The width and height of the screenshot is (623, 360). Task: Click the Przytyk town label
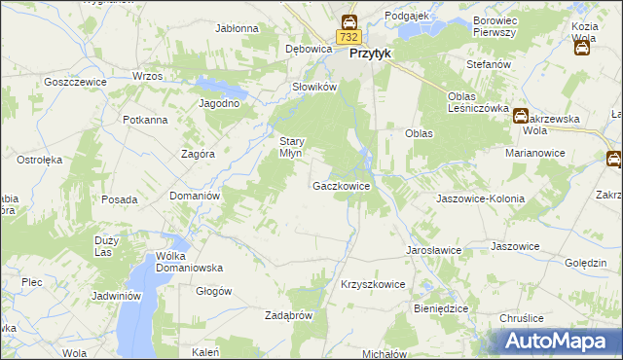(369, 54)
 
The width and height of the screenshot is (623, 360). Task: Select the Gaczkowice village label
(341, 185)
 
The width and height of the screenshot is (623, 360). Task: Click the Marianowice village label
(536, 153)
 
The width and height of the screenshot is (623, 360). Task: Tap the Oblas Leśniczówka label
(478, 102)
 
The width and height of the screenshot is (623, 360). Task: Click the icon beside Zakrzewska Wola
(521, 115)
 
